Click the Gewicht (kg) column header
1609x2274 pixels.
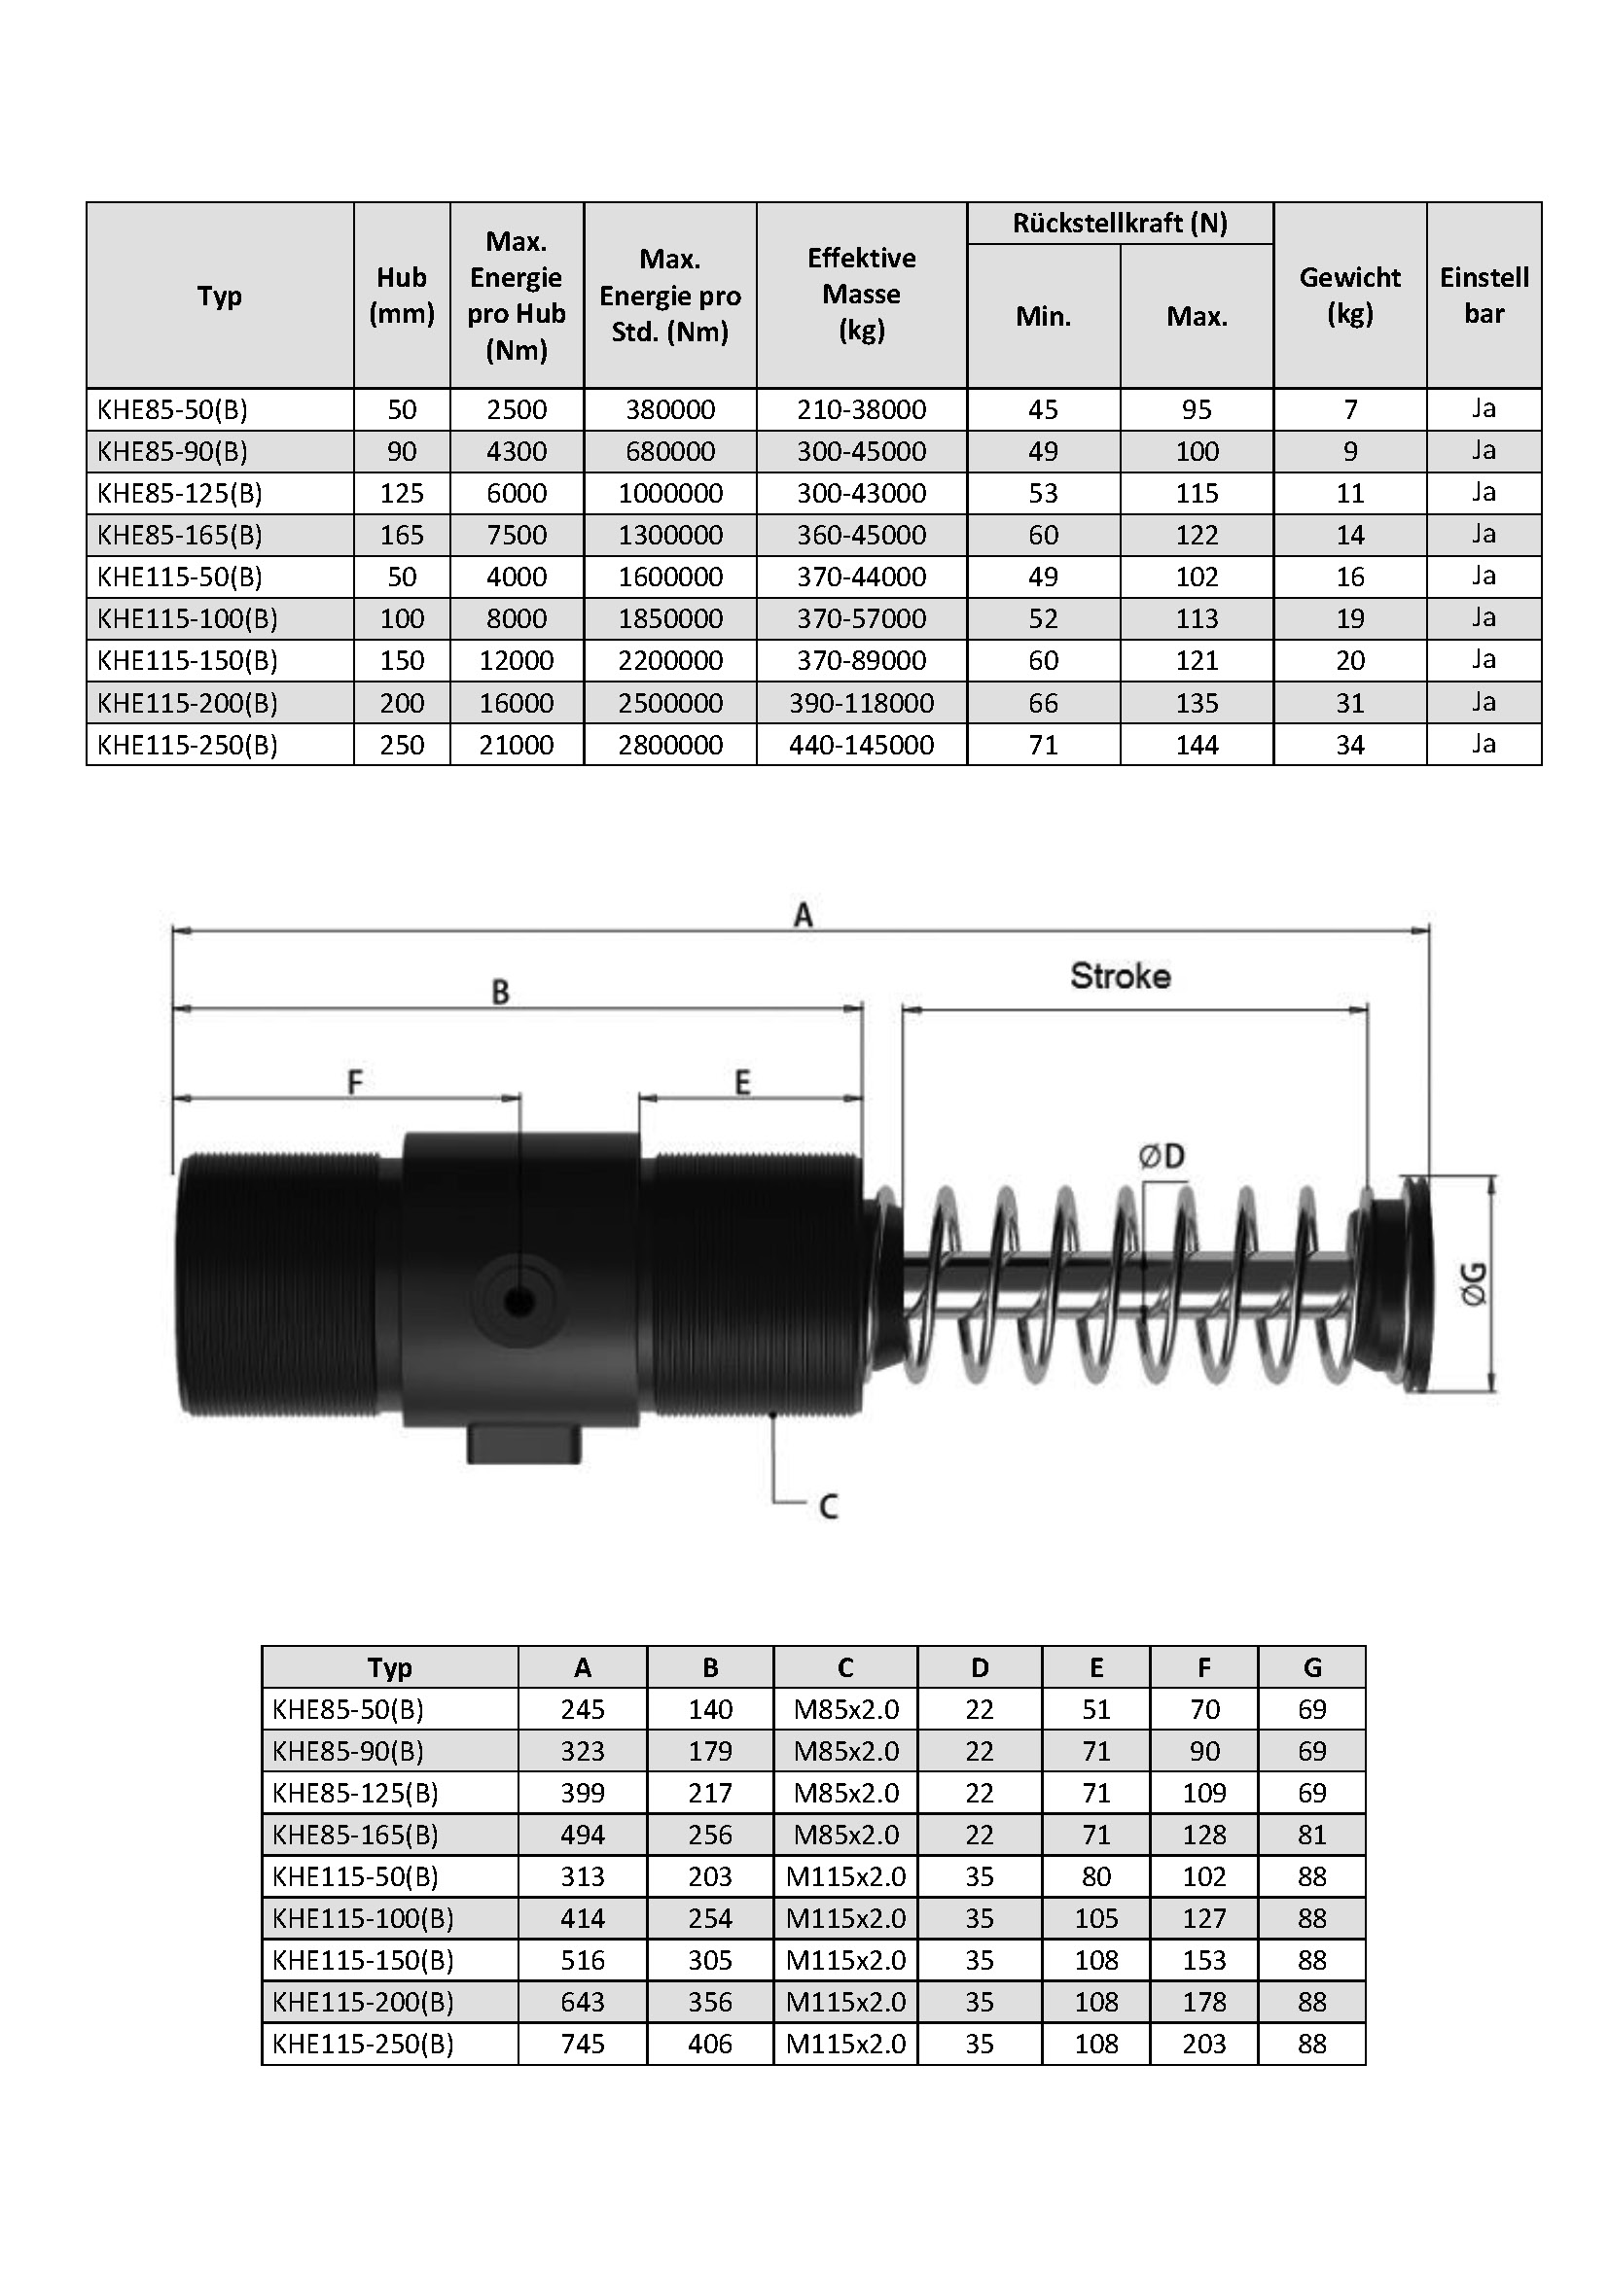click(x=1349, y=296)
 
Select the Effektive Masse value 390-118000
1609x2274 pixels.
click(x=861, y=703)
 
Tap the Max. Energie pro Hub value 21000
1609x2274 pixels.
click(x=517, y=745)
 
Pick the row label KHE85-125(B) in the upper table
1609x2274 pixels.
click(x=179, y=493)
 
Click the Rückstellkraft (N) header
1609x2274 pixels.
click(x=1120, y=223)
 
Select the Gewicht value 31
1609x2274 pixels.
click(x=1349, y=703)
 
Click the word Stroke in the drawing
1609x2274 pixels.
click(x=1120, y=976)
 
